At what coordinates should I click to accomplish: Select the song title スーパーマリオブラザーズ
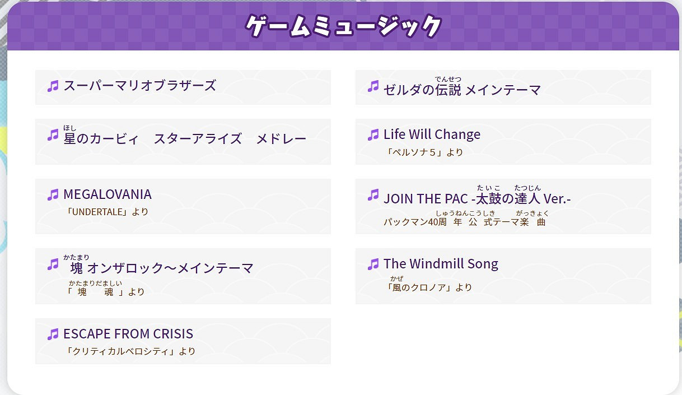[139, 86]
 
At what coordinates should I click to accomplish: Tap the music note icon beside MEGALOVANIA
[53, 195]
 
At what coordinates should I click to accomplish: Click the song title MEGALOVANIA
[107, 194]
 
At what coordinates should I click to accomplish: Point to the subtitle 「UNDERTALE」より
[107, 212]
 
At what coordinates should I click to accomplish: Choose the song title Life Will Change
[432, 134]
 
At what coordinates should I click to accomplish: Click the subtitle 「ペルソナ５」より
[425, 152]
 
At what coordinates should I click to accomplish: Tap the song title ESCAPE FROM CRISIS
[128, 334]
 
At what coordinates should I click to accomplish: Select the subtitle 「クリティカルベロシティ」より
[130, 351]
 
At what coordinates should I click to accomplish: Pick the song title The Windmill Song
[441, 264]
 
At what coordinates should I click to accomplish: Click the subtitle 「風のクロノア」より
[429, 287]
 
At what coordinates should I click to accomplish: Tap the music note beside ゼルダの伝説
[373, 86]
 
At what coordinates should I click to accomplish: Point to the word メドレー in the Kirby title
[281, 138]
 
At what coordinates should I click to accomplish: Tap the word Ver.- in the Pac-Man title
[556, 198]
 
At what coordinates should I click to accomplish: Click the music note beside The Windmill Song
[373, 264]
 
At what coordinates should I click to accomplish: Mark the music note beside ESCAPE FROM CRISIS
[53, 334]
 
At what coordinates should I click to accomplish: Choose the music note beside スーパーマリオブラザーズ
[53, 86]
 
